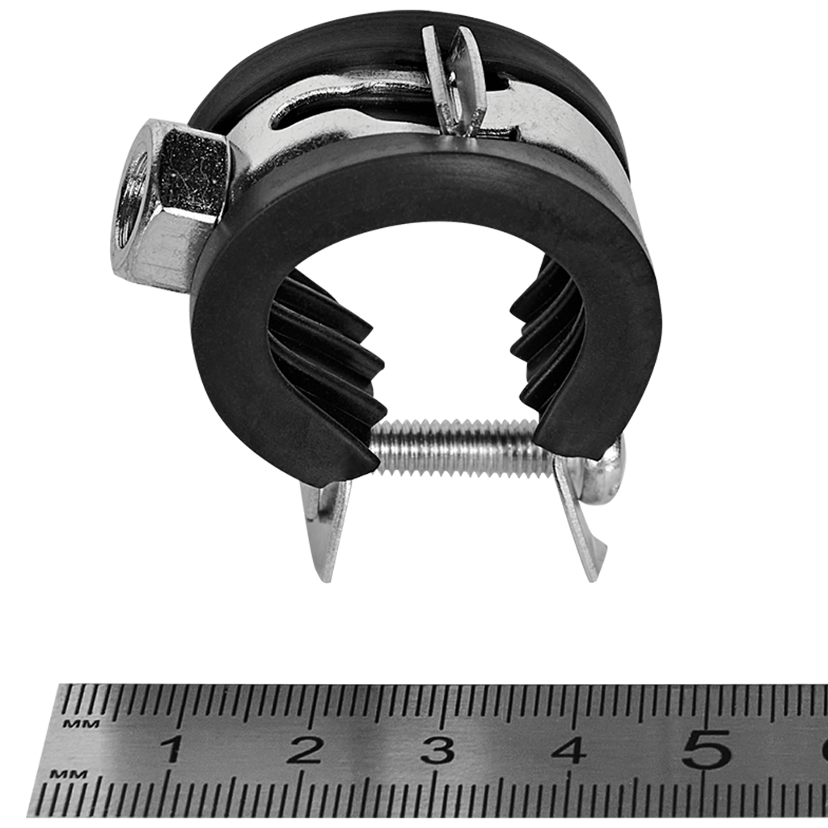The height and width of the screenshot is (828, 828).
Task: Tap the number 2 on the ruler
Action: [305, 750]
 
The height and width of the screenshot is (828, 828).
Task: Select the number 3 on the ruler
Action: [437, 750]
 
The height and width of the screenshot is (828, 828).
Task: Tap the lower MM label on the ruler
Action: [69, 775]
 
